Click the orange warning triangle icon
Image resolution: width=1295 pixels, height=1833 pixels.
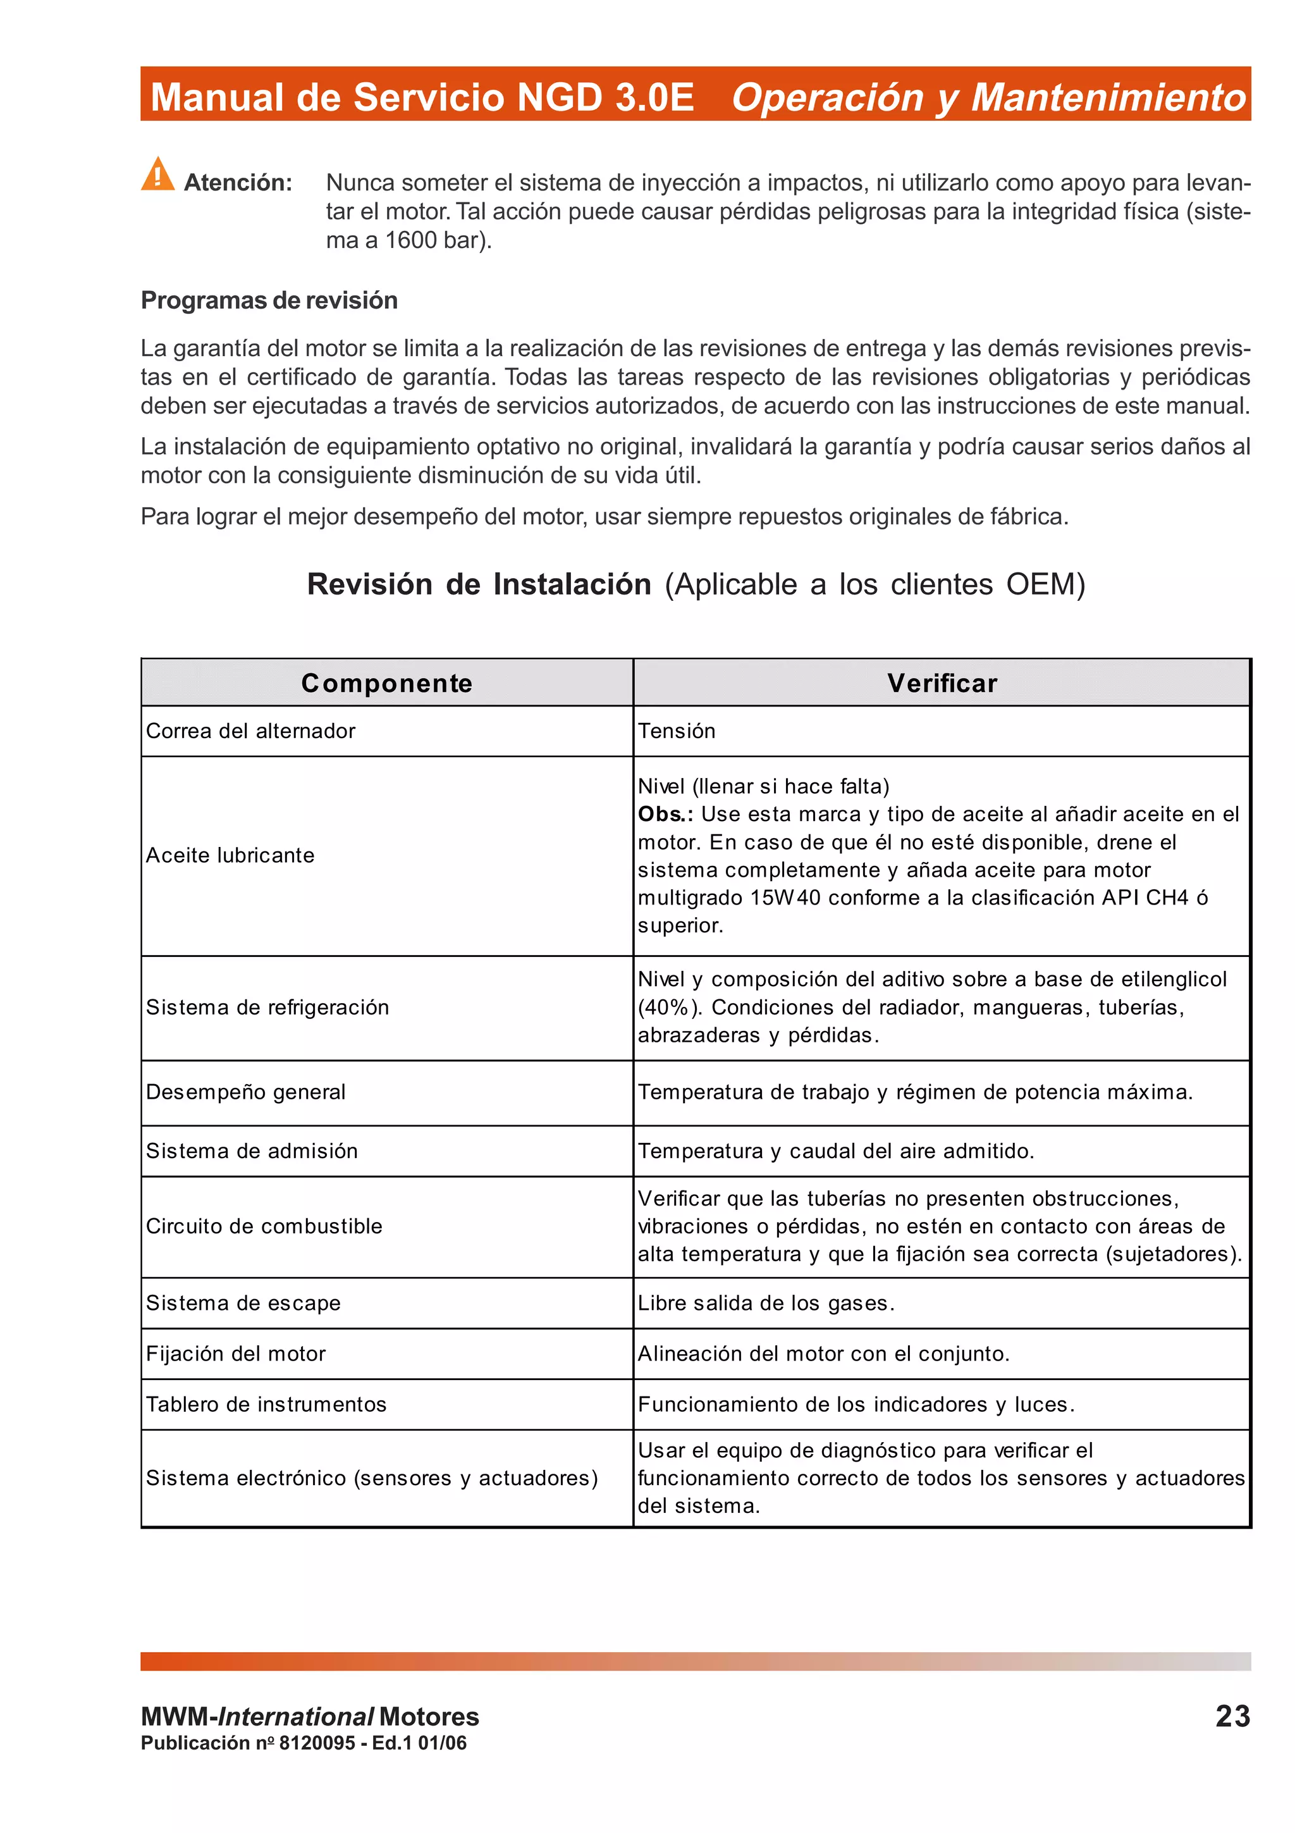[x=158, y=175]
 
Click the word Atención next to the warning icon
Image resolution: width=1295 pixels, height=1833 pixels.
[x=238, y=183]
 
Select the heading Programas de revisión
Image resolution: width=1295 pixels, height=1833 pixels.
[x=269, y=300]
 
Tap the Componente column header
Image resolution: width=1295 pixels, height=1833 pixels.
[x=387, y=683]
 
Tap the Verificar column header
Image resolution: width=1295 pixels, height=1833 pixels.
[x=942, y=683]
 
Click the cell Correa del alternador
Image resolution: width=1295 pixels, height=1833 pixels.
[x=250, y=731]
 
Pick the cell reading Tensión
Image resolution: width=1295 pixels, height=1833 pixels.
[x=677, y=731]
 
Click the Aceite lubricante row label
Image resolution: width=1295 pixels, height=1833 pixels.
[x=230, y=856]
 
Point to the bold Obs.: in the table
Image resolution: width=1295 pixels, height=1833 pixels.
[x=665, y=814]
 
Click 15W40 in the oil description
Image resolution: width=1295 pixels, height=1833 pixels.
[x=785, y=898]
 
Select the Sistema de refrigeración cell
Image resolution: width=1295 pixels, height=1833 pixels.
[x=267, y=1008]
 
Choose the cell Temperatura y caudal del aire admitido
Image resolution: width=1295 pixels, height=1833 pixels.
[x=835, y=1151]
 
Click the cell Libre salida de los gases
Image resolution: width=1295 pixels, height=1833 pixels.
[x=766, y=1303]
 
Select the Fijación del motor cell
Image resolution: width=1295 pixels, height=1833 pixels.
[x=235, y=1354]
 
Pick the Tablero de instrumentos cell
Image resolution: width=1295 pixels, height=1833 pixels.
[x=266, y=1404]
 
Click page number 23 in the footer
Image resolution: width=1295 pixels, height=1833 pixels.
[x=1232, y=1717]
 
